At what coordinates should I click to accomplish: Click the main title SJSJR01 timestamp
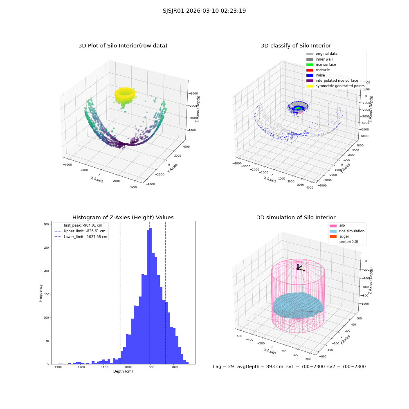pyautogui.click(x=204, y=11)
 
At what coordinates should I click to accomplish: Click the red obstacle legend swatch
pyautogui.click(x=310, y=70)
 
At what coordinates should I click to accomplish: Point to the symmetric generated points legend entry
pyautogui.click(x=335, y=86)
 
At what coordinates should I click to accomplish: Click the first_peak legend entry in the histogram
pyautogui.click(x=78, y=225)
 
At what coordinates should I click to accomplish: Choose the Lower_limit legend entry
pyautogui.click(x=81, y=237)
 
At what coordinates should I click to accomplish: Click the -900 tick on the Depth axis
pyautogui.click(x=151, y=367)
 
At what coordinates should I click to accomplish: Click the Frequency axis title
pyautogui.click(x=40, y=293)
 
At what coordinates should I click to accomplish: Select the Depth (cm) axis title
pyautogui.click(x=123, y=371)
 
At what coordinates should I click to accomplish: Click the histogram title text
pyautogui.click(x=123, y=217)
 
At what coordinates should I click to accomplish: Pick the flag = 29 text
pyautogui.click(x=223, y=366)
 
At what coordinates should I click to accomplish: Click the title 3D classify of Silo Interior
pyautogui.click(x=296, y=46)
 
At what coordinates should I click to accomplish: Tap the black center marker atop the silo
pyautogui.click(x=298, y=269)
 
